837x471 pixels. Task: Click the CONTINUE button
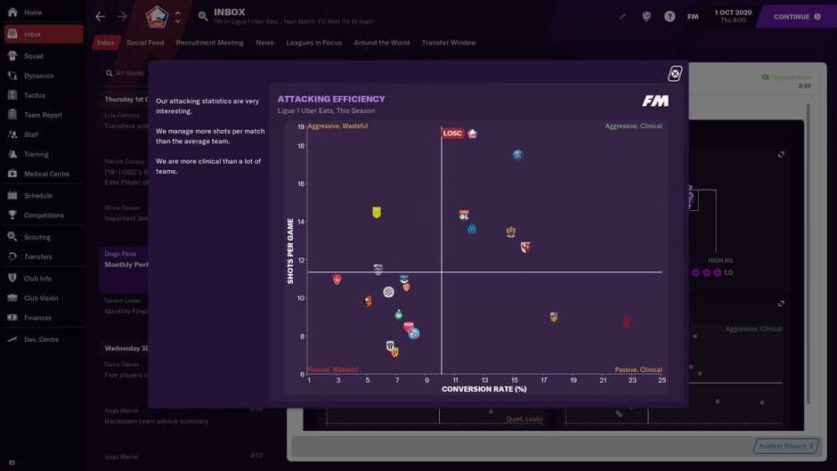(x=796, y=16)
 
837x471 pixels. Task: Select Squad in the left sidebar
(x=34, y=55)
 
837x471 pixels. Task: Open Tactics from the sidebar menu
(x=35, y=95)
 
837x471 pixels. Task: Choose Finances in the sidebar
(x=37, y=318)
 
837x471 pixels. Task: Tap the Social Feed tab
(x=145, y=43)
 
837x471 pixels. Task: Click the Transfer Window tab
(x=449, y=43)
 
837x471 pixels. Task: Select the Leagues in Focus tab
(x=313, y=43)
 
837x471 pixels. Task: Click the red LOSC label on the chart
(x=452, y=134)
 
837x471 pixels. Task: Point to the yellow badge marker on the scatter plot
(x=377, y=212)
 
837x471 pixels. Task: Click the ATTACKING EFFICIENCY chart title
(x=331, y=99)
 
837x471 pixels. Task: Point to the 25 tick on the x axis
(x=662, y=380)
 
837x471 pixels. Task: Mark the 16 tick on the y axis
(x=301, y=184)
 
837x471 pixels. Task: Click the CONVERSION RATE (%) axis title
(x=484, y=389)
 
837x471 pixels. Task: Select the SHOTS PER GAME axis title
(x=290, y=251)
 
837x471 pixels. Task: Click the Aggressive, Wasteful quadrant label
(x=338, y=126)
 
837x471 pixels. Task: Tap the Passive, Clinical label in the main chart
(x=638, y=369)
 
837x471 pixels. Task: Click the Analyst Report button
(x=784, y=446)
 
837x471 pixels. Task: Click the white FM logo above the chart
(x=654, y=101)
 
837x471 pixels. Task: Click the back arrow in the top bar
(x=100, y=16)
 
